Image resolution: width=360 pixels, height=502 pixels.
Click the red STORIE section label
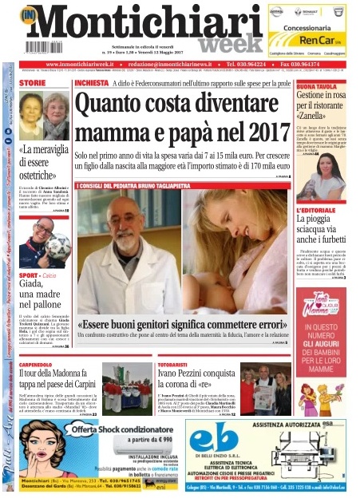[x=33, y=83]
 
